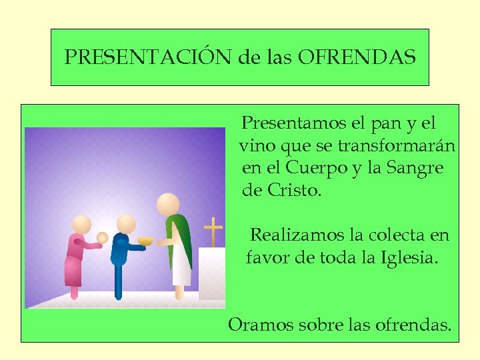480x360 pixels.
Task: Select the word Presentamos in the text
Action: [294, 123]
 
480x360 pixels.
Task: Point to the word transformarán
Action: [397, 145]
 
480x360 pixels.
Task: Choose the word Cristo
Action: [293, 190]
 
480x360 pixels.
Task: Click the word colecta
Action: [386, 235]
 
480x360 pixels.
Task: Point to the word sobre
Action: [317, 325]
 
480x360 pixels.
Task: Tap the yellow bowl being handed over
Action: [145, 241]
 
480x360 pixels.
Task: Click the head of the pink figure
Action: [82, 225]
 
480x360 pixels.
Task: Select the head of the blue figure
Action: [125, 223]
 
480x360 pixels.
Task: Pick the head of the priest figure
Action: [167, 204]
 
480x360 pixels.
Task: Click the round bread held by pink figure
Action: [102, 237]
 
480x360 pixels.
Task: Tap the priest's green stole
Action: [182, 240]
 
